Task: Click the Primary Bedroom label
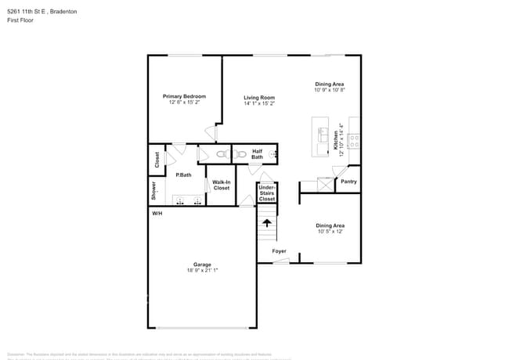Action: coord(184,96)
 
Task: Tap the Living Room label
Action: coord(259,98)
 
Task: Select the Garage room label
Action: coord(202,265)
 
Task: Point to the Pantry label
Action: coord(348,182)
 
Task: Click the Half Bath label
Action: coord(257,154)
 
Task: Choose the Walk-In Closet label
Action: coord(222,185)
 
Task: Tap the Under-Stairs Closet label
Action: coord(267,193)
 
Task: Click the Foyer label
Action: coord(279,251)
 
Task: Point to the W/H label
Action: coord(157,213)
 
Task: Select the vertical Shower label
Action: coord(154,190)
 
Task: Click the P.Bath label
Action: coord(183,175)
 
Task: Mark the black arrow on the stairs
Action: coord(267,223)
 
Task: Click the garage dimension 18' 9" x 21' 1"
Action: coord(202,270)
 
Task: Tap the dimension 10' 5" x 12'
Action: coord(330,232)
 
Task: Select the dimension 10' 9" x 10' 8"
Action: coord(330,90)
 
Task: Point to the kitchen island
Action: coord(319,136)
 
